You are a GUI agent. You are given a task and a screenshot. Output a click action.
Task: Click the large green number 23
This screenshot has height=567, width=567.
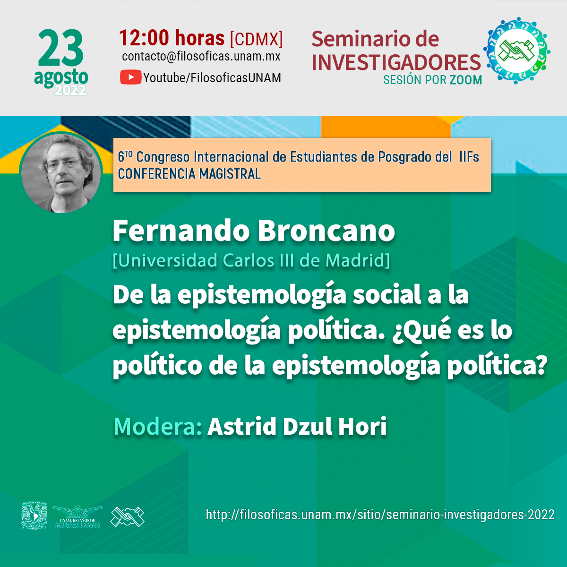[x=60, y=48]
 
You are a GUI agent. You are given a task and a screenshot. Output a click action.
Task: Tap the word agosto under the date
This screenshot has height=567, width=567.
[x=61, y=78]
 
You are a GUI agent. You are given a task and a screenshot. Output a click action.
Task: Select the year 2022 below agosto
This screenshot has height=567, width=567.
[x=70, y=90]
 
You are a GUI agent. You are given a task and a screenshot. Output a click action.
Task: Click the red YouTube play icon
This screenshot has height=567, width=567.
[x=130, y=77]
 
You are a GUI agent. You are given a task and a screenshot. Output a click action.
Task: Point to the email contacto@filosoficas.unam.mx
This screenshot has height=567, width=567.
[x=201, y=56]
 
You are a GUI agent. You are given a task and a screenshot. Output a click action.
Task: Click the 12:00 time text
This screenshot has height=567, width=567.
[x=144, y=38]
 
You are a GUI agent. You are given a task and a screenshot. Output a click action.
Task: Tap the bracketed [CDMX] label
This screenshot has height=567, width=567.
[x=256, y=39]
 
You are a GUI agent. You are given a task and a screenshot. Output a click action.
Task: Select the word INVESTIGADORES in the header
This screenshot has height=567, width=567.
[x=396, y=63]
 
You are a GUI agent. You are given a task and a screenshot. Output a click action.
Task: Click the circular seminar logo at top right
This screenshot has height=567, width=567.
[x=517, y=50]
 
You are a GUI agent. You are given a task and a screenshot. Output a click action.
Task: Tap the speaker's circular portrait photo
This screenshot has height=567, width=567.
[x=61, y=173]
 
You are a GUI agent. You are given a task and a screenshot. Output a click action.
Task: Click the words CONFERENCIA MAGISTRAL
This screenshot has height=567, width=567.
[x=189, y=174]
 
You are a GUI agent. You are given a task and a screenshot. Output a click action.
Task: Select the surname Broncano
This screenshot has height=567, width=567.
[x=326, y=231]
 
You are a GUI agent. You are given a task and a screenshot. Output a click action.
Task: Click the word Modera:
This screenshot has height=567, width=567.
[x=158, y=426]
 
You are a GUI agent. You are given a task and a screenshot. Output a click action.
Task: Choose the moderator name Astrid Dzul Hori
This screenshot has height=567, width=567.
[x=297, y=426]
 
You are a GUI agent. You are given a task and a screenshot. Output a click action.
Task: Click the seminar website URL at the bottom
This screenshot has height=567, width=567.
[x=380, y=515]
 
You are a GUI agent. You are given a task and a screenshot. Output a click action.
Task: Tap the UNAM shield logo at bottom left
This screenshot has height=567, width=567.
[x=34, y=515]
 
